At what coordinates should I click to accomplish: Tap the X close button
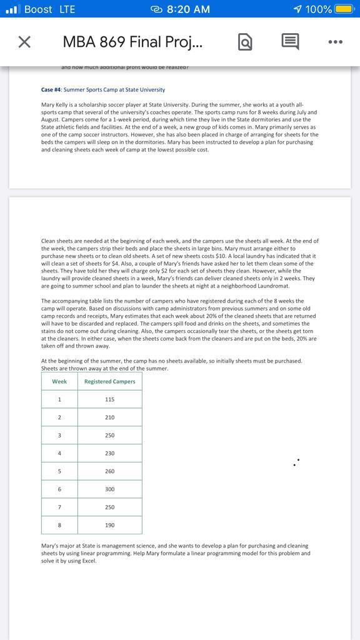[x=24, y=42]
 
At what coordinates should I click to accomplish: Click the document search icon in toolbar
[x=245, y=42]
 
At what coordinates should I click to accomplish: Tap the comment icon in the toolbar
[x=289, y=42]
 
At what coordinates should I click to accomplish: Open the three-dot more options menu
[x=335, y=42]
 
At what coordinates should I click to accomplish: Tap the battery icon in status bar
[x=344, y=9]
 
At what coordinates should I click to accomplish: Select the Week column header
[x=59, y=381]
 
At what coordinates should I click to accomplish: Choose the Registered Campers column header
[x=110, y=381]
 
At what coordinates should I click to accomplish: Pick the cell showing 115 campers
[x=110, y=399]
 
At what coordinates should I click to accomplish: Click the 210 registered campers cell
[x=110, y=417]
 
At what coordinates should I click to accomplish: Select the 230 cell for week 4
[x=110, y=453]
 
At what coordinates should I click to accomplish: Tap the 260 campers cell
[x=110, y=471]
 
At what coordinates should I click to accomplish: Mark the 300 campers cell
[x=110, y=489]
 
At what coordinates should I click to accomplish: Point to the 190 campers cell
[x=110, y=525]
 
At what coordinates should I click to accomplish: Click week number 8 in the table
[x=59, y=525]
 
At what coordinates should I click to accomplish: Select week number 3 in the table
[x=59, y=435]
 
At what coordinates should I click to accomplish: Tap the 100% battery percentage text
[x=319, y=9]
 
